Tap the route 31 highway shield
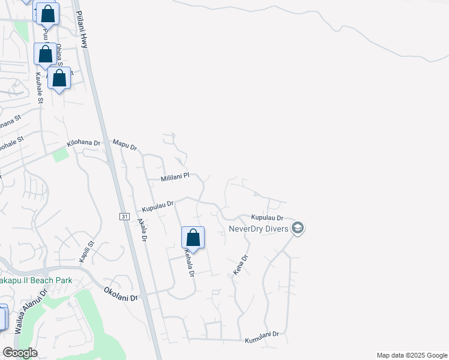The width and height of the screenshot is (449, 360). pos(124,216)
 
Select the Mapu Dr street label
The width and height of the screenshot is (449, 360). pos(125,145)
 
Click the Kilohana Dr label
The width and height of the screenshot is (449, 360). pos(84,145)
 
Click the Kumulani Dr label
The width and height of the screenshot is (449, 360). pos(262,338)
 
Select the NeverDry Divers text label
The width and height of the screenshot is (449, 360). pos(259,228)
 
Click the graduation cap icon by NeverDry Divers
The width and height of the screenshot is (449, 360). pos(297,228)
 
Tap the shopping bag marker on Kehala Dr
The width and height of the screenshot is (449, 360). pos(193,238)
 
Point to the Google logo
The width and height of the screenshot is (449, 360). pos(20,353)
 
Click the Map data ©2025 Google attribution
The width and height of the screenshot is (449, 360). pos(411,355)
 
